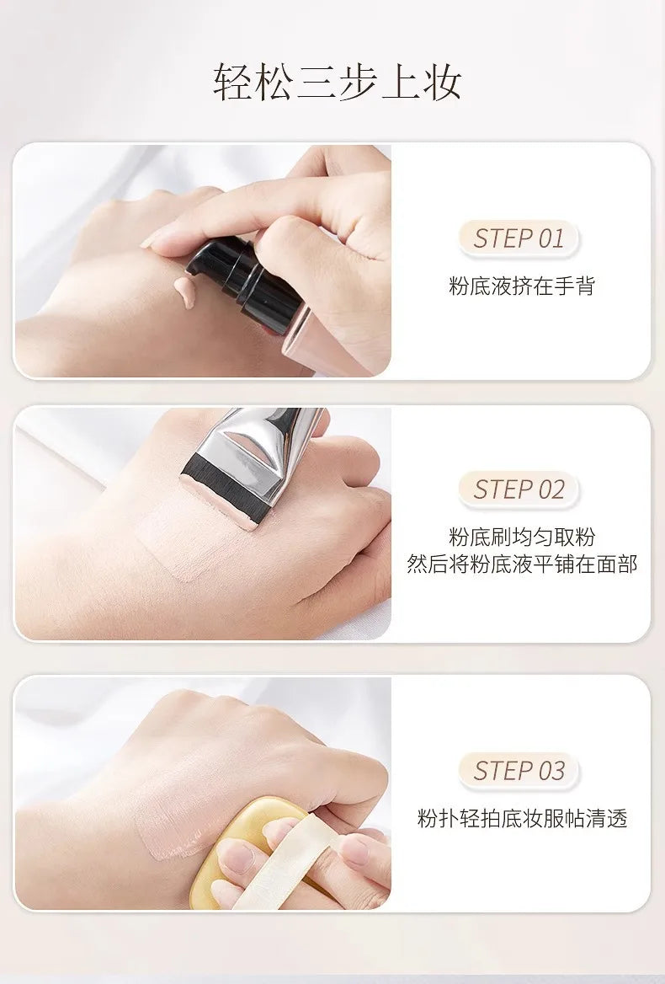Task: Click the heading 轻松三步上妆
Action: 337,83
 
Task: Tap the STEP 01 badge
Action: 519,238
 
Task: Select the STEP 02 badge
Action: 519,489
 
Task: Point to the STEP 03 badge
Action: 519,771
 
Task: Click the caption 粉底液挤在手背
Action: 521,286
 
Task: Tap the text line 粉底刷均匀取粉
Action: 521,537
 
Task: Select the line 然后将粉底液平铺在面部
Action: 521,564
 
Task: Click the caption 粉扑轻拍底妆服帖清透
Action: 522,818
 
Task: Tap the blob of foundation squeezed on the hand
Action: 185,291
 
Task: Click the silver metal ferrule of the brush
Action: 263,451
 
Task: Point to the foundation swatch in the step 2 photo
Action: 188,533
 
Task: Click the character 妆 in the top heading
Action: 443,83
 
